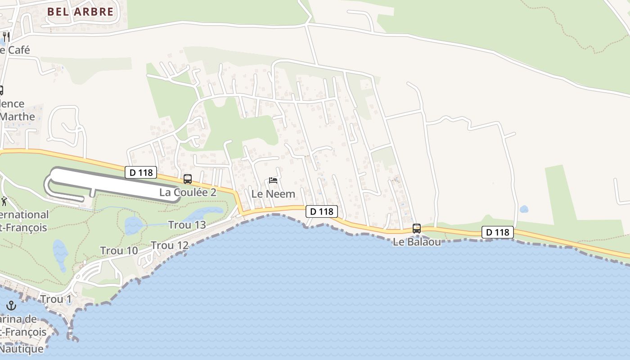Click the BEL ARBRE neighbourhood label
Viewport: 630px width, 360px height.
[x=80, y=12]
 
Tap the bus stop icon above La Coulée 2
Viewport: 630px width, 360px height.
[x=188, y=179]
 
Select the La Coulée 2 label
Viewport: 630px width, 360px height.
[x=188, y=192]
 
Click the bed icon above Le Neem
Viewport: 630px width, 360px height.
[x=273, y=180]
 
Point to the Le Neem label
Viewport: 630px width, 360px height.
[x=273, y=194]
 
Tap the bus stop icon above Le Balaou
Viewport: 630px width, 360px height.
[x=417, y=229]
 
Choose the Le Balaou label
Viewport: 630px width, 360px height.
[x=416, y=242]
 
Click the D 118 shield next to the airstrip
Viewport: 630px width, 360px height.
[x=141, y=172]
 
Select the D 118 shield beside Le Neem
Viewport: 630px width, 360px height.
[x=321, y=211]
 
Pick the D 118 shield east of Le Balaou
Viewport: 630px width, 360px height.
[x=498, y=232]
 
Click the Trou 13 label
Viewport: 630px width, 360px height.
[x=187, y=225]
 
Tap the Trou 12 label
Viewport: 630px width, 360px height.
[x=170, y=245]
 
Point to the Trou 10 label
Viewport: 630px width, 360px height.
[x=119, y=251]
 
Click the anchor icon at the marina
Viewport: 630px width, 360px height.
[x=11, y=306]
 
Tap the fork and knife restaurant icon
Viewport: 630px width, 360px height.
[x=6, y=36]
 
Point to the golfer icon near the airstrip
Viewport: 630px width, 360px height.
[x=4, y=201]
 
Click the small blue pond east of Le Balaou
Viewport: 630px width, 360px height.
[x=523, y=209]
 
